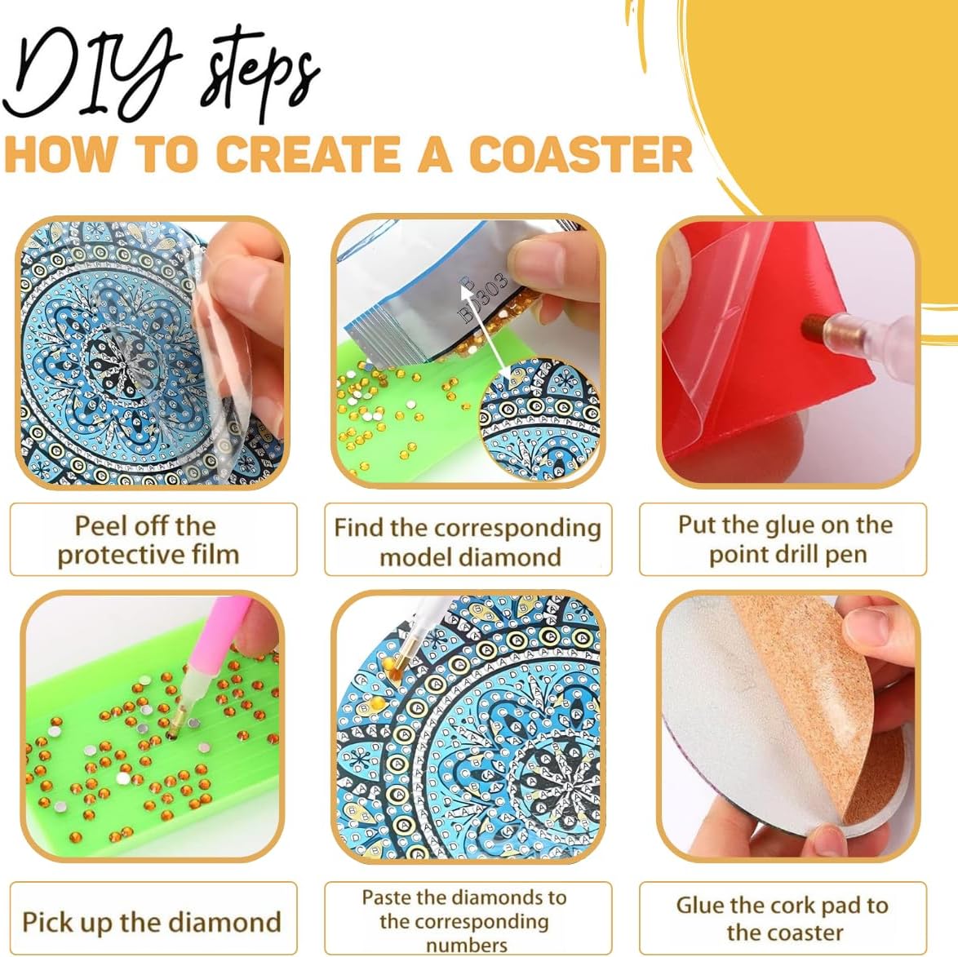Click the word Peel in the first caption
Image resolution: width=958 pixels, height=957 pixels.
100,526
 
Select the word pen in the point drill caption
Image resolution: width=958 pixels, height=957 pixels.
849,556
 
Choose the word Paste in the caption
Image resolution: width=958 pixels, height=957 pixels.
388,897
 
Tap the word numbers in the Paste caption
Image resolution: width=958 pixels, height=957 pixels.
466,945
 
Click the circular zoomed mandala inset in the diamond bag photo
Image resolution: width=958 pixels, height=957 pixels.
539,419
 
